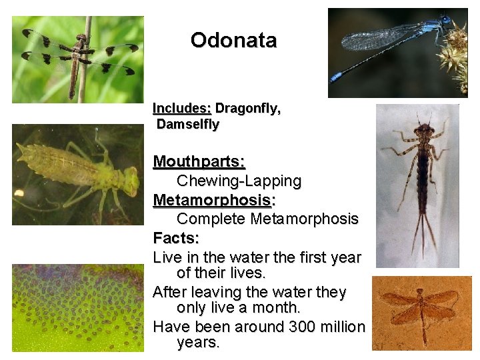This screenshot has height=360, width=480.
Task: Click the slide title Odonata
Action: (x=233, y=41)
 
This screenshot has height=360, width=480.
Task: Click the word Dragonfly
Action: (x=247, y=109)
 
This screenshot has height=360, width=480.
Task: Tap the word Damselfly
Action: (x=187, y=124)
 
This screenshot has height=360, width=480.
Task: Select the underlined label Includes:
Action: (x=182, y=109)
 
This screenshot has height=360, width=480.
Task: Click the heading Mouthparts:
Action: (x=199, y=162)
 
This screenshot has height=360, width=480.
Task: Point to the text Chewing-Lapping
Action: (x=239, y=181)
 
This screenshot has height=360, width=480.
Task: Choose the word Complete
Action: (x=211, y=219)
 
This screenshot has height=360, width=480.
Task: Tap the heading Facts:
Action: (x=176, y=238)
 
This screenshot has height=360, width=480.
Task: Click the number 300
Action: (x=305, y=327)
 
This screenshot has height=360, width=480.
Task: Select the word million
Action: (x=344, y=327)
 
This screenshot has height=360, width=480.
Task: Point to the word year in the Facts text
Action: (x=345, y=257)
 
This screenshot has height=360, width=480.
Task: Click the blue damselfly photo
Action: (x=398, y=53)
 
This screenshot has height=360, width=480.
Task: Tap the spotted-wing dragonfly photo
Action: (x=78, y=59)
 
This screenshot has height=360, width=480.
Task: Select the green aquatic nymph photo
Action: (x=77, y=175)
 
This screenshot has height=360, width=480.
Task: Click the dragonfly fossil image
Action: (x=421, y=313)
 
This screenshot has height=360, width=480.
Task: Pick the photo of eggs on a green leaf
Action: (x=77, y=307)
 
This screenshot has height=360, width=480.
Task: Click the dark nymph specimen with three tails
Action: (x=418, y=185)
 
